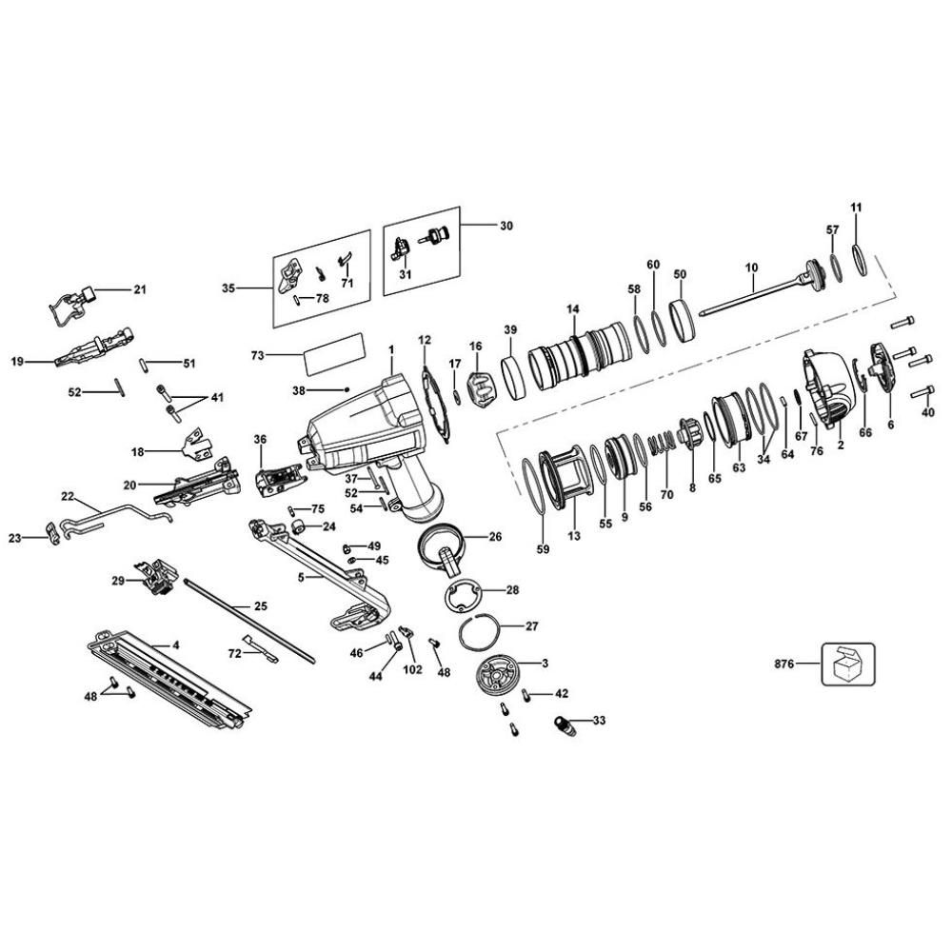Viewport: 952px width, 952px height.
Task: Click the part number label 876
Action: (x=784, y=664)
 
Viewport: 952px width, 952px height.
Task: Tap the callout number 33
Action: (x=598, y=720)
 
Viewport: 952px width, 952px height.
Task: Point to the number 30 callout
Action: (x=506, y=227)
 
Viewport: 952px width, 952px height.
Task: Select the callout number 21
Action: (x=141, y=289)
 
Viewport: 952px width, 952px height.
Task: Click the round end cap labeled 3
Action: (x=501, y=676)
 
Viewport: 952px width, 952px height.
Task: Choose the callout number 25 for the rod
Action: (x=260, y=605)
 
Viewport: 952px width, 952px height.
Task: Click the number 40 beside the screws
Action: (x=929, y=412)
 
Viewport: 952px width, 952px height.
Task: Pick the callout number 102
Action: (x=411, y=669)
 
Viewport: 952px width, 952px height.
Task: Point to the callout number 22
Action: (x=68, y=495)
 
